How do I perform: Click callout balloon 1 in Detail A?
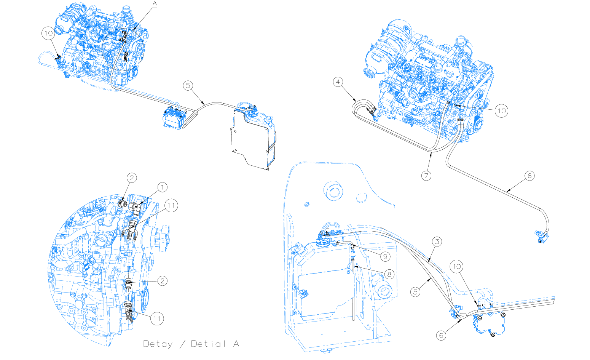click(x=162, y=187)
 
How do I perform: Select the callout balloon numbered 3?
click(x=437, y=242)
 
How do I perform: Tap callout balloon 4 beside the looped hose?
click(x=338, y=82)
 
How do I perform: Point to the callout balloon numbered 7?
click(x=426, y=176)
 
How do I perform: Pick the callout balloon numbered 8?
click(x=389, y=274)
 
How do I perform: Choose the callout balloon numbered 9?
click(x=385, y=256)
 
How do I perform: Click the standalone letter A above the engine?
click(x=155, y=3)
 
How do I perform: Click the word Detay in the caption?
click(x=158, y=344)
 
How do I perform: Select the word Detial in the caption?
click(x=208, y=344)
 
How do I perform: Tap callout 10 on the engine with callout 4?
click(x=502, y=111)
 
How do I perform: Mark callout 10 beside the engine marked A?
click(x=48, y=33)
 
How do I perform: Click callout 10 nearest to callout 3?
click(x=456, y=266)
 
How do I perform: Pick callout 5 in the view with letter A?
click(x=188, y=85)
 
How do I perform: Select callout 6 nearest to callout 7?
click(x=529, y=176)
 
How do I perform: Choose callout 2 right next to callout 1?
click(x=132, y=178)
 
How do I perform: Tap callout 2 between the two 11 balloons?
click(x=162, y=281)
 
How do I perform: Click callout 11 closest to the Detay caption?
click(x=157, y=318)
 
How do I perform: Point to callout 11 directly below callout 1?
click(x=171, y=206)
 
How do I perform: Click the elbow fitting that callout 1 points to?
click(x=135, y=208)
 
